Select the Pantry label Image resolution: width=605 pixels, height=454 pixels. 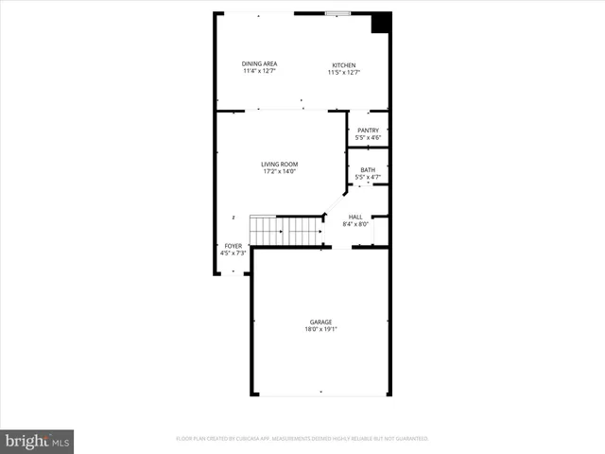(x=368, y=131)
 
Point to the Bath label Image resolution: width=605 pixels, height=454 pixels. (x=368, y=170)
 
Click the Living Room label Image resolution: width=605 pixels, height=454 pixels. (x=279, y=165)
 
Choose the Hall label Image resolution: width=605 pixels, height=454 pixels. (x=355, y=218)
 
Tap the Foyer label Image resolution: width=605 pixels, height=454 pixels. (x=233, y=246)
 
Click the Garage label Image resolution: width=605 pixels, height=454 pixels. (x=321, y=323)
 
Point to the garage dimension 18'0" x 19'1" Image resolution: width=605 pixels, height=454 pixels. (x=321, y=330)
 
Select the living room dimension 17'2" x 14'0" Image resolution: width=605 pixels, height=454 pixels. (x=279, y=172)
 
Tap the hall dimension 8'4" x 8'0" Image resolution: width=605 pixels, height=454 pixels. (x=355, y=225)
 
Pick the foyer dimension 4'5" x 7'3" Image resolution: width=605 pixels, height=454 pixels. (x=233, y=253)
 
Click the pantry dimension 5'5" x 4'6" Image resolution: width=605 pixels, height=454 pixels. (x=368, y=138)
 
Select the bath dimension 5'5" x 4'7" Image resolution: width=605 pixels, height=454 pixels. (x=368, y=178)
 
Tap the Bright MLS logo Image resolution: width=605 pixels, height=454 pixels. (x=37, y=441)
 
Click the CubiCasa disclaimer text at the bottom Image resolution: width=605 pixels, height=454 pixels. (x=302, y=439)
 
